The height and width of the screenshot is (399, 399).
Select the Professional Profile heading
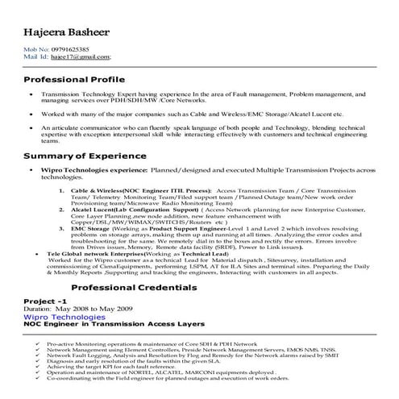(x=74, y=81)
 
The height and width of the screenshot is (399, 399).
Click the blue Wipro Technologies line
(x=70, y=316)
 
